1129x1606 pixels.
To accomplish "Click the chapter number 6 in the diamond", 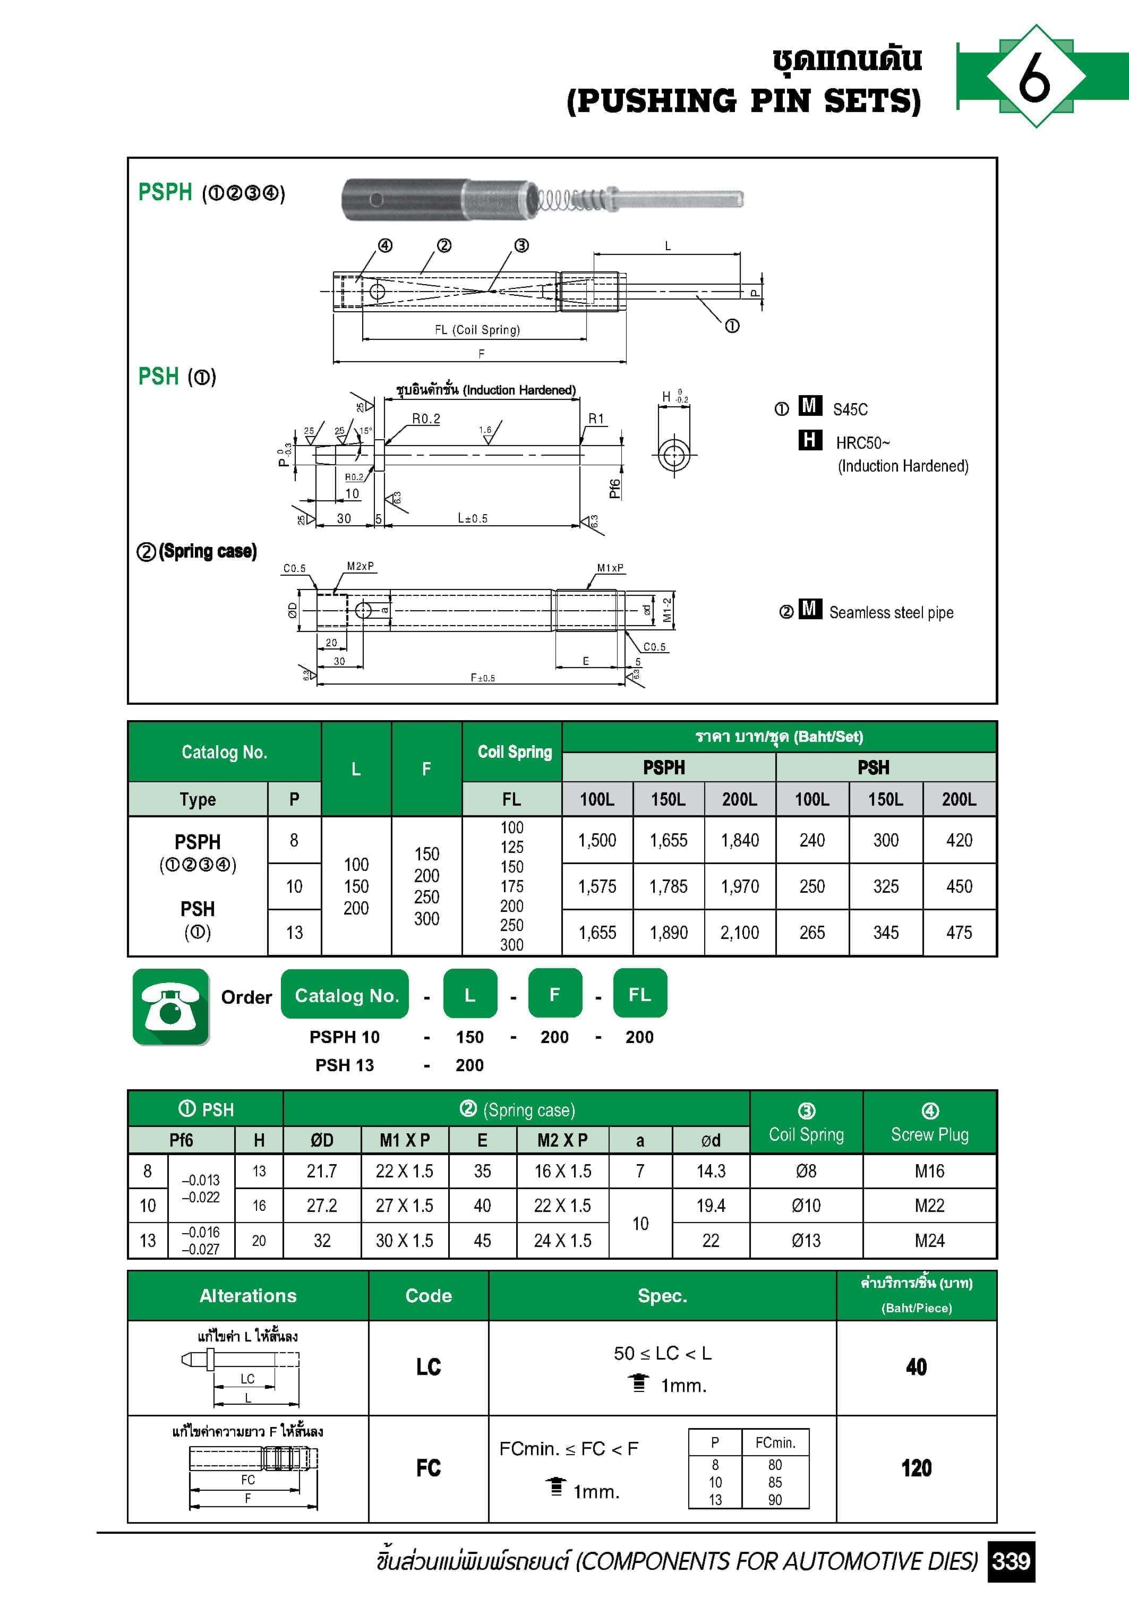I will coord(1034,76).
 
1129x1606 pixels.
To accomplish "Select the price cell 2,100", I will coord(739,933).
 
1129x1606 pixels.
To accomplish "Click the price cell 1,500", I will coord(597,840).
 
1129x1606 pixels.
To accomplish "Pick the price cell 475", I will coord(959,933).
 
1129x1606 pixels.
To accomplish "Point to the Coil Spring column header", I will coord(514,752).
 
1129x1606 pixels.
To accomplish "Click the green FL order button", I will coord(639,994).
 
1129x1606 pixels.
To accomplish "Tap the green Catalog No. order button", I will coord(346,995).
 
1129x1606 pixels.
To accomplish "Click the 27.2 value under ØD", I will coord(322,1205).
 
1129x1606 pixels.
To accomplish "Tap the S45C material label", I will coord(850,409).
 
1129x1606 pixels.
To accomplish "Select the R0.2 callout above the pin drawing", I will coord(426,418).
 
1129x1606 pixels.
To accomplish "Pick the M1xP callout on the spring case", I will coord(610,567).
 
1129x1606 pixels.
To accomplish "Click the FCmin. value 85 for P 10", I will coord(774,1482).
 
